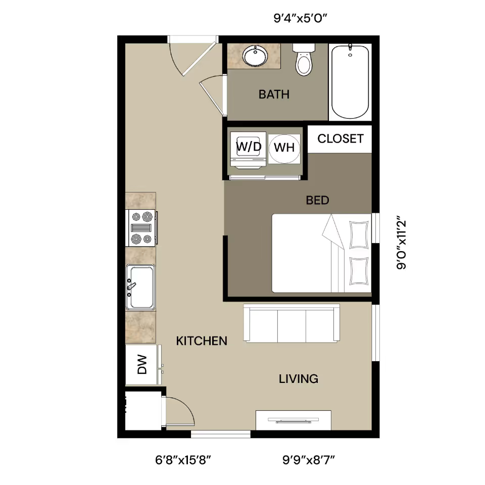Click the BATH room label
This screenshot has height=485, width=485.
point(274,94)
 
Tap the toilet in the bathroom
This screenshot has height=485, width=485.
point(304,60)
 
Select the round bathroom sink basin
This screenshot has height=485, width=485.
point(255,56)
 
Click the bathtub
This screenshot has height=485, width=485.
point(350,82)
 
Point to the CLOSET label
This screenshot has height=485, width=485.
point(341,138)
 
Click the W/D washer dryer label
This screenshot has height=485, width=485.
point(249,147)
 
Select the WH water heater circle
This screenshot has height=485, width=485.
point(284,149)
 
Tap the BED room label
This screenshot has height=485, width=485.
point(317,201)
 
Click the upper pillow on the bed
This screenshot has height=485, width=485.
point(359,234)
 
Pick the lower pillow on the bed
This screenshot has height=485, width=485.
point(359,271)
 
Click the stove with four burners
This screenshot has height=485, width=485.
point(141,228)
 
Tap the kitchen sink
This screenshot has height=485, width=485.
point(140,287)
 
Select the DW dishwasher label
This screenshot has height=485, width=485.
point(142,365)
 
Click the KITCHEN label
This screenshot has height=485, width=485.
point(202,341)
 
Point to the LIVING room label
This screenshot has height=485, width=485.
point(299,379)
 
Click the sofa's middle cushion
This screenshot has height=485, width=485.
point(292,326)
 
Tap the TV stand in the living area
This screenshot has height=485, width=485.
point(293,420)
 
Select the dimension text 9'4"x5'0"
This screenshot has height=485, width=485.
point(300,18)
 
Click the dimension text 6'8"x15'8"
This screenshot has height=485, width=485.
point(183,460)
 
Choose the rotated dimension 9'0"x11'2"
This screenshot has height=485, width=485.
point(401,245)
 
